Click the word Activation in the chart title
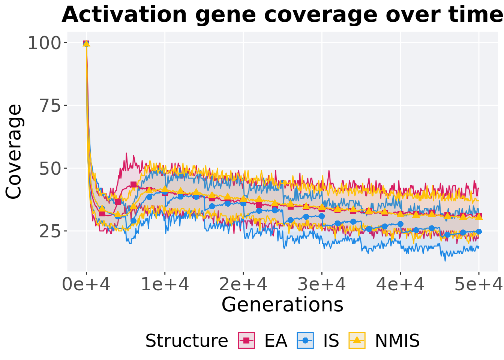124,15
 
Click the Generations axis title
282,304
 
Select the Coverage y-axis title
14,151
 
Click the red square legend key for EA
246,340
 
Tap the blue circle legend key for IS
305,340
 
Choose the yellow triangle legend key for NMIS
357,340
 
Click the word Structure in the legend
186,341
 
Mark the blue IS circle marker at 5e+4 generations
478,232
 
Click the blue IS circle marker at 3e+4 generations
322,216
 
